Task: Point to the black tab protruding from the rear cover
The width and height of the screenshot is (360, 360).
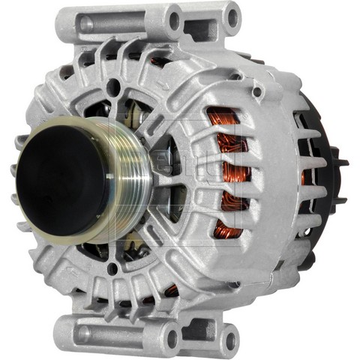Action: click(x=343, y=160)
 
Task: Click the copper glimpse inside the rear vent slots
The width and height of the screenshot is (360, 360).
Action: click(x=305, y=176)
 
